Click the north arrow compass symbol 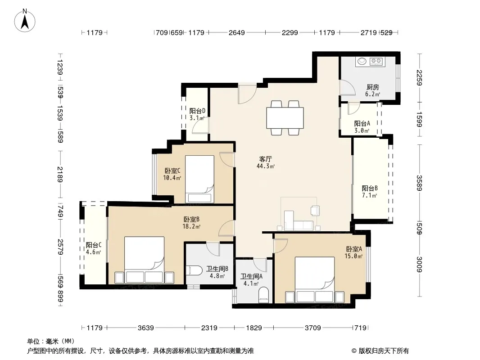tap(25, 21)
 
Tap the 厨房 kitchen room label tap(372, 87)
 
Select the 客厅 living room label tap(265, 159)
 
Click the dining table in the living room tap(285, 118)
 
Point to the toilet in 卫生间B tap(194, 270)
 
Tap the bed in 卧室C tap(199, 179)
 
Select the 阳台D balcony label tap(197, 111)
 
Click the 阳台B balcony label tap(370, 188)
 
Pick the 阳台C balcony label tap(94, 245)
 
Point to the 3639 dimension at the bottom tap(146, 328)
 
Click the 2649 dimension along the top tap(237, 32)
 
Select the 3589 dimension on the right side tap(419, 183)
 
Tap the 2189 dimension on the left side tap(60, 174)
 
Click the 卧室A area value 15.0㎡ tap(353, 256)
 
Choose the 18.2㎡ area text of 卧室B tap(192, 227)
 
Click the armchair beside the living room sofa tap(315, 211)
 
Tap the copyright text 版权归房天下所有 tap(384, 351)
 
